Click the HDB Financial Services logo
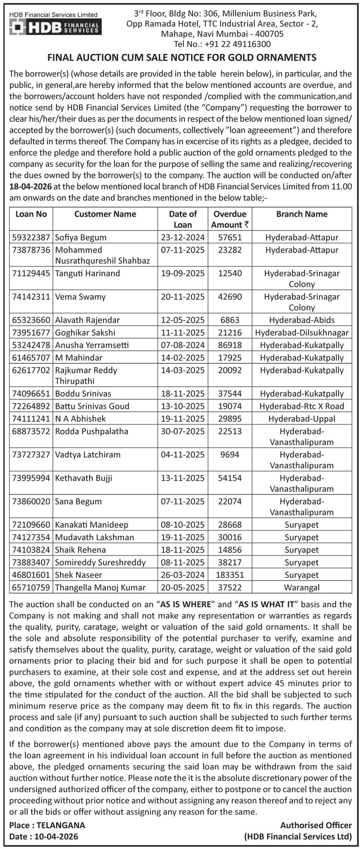click(x=55, y=27)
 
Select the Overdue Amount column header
click(x=230, y=220)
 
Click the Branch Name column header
click(x=302, y=214)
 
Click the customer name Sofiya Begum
click(x=81, y=237)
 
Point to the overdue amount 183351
click(x=230, y=575)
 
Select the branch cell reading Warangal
click(x=302, y=588)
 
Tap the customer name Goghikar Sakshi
click(x=85, y=333)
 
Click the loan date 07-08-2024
click(x=183, y=345)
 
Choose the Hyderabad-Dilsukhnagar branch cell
click(x=302, y=333)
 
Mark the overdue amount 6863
click(x=230, y=320)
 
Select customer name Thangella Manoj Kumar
click(x=100, y=588)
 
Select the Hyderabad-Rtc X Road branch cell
click(x=302, y=406)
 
